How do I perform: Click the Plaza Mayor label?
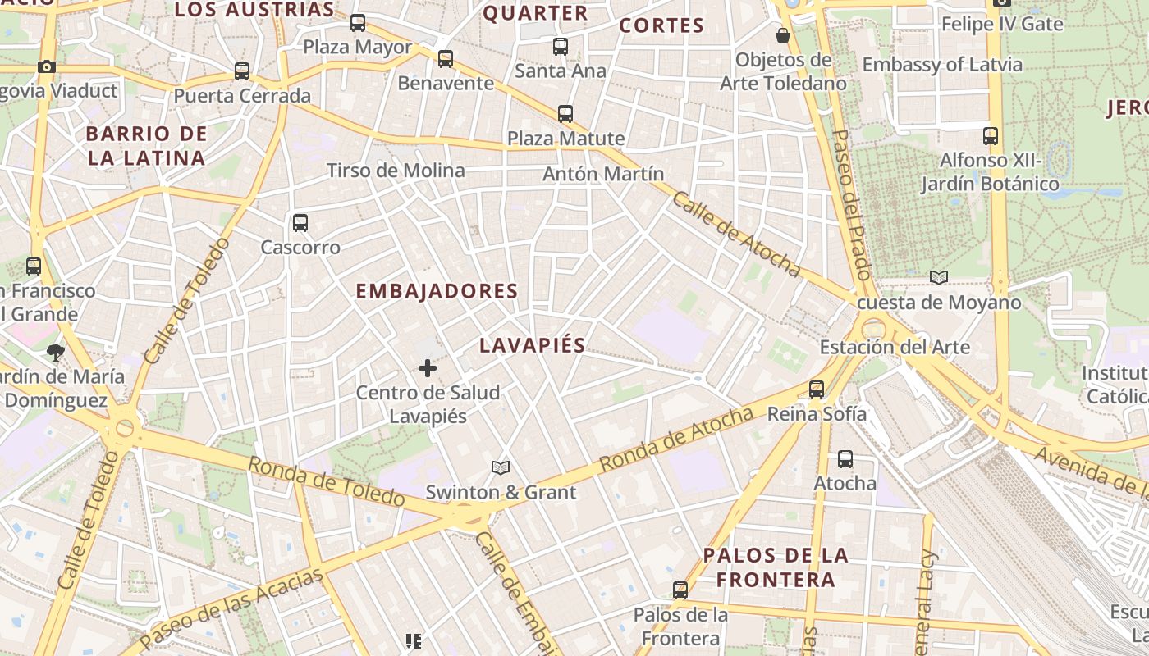coord(357,47)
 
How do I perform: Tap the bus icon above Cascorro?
coord(300,222)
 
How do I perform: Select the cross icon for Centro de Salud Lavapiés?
coord(428,368)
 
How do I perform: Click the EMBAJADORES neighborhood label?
coord(437,291)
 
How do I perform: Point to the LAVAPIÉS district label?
coord(532,345)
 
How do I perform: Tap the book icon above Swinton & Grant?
coord(501,467)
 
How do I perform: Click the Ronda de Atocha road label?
coord(676,440)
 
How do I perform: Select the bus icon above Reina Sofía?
coord(817,389)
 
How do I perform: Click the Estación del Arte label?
coord(895,347)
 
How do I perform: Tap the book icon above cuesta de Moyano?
coord(939,278)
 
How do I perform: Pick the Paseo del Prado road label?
coord(851,205)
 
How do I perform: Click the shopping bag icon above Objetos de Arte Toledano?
coord(783,35)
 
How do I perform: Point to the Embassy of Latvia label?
coord(942,65)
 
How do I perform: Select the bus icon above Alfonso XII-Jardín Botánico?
coord(991,135)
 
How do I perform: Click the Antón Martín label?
coord(603,174)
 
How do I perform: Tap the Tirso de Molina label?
coord(396,171)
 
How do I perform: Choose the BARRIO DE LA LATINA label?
coord(146,146)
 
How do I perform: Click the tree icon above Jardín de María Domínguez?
coord(56,353)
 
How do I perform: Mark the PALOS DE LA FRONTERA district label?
coord(776,567)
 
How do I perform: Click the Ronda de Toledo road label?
coord(327,481)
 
